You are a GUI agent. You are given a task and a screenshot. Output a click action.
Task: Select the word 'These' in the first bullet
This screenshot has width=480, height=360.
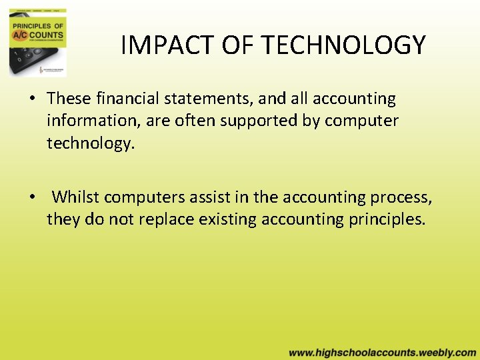(69, 99)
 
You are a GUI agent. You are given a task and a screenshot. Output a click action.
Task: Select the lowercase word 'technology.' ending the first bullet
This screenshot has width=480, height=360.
(91, 144)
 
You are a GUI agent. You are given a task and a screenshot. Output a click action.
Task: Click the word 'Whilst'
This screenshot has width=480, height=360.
(76, 197)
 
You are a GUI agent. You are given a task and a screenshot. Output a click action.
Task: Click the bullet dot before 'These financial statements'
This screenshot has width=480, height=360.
(31, 99)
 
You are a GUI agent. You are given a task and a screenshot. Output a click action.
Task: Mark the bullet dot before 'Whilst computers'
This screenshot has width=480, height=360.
(31, 198)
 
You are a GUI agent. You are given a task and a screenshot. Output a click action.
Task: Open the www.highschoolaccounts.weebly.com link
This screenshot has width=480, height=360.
(383, 352)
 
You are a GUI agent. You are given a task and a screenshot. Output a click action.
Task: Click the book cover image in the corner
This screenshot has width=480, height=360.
(38, 43)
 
